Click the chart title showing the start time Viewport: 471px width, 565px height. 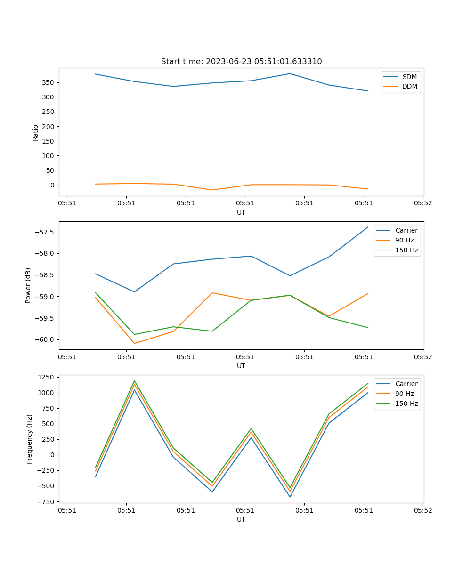click(x=241, y=62)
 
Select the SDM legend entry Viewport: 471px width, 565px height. click(x=409, y=77)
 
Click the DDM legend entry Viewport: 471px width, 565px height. click(x=409, y=87)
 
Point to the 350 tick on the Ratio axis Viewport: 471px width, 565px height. click(x=49, y=82)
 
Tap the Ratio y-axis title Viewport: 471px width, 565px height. click(x=36, y=132)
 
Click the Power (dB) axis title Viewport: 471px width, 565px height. click(x=28, y=285)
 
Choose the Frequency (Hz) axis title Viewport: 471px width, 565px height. click(x=30, y=439)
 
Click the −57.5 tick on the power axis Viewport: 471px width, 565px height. click(x=45, y=232)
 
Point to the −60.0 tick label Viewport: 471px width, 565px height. click(x=45, y=339)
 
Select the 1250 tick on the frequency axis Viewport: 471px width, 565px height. click(x=47, y=378)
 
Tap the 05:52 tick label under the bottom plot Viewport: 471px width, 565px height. click(x=422, y=510)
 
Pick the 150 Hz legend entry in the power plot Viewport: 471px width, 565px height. click(x=406, y=250)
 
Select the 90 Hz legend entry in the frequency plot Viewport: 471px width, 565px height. click(x=404, y=394)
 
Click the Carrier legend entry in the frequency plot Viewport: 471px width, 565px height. click(x=406, y=384)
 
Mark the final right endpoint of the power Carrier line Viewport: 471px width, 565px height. click(x=368, y=227)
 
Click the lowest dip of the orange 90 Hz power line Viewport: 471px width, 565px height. click(x=134, y=343)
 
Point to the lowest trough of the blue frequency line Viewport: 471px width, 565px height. click(x=290, y=497)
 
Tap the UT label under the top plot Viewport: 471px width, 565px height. click(x=241, y=212)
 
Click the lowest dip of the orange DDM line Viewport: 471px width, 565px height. click(x=212, y=190)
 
